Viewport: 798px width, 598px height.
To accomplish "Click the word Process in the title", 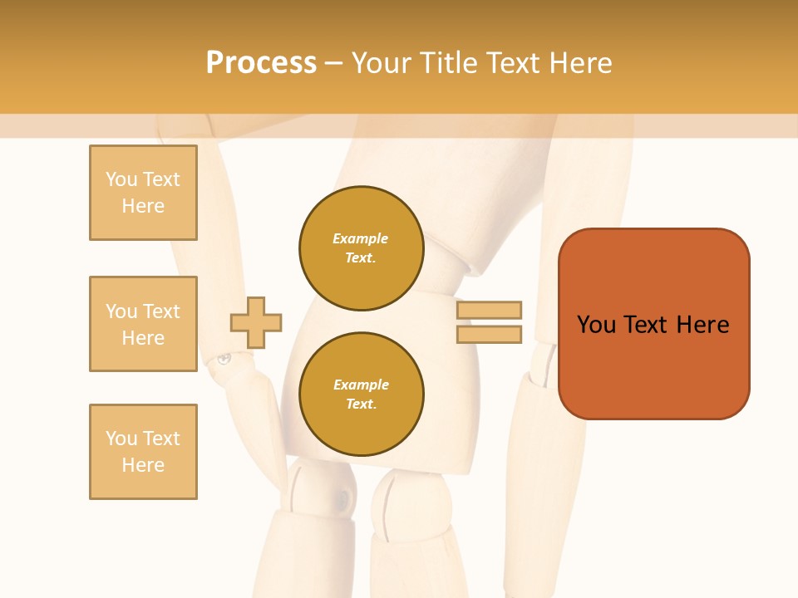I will tap(261, 62).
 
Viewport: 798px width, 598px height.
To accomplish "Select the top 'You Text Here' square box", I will tap(143, 193).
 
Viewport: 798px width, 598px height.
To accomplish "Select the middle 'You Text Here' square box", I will tap(143, 324).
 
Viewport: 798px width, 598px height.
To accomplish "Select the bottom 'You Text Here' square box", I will tap(143, 452).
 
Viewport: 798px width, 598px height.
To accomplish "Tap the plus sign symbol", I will tap(256, 322).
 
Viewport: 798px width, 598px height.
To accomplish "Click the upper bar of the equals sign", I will tap(489, 311).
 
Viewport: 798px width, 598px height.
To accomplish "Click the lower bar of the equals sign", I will tap(489, 334).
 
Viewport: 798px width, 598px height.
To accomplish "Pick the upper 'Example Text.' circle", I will tap(361, 248).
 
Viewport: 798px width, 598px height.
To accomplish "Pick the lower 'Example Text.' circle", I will tap(361, 395).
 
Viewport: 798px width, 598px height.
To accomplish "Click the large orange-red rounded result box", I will tap(653, 324).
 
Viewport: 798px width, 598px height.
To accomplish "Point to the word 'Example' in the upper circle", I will tap(361, 238).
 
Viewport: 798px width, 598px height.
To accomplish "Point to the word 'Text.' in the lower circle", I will tap(361, 404).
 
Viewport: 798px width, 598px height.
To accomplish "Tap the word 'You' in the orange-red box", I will tap(596, 325).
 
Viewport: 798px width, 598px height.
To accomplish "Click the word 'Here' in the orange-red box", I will tap(702, 325).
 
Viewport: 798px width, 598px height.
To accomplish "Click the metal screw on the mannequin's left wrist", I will tap(224, 359).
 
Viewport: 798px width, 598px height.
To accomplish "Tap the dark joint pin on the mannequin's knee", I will tap(342, 499).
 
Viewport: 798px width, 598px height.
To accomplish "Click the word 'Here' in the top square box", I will tap(143, 206).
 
